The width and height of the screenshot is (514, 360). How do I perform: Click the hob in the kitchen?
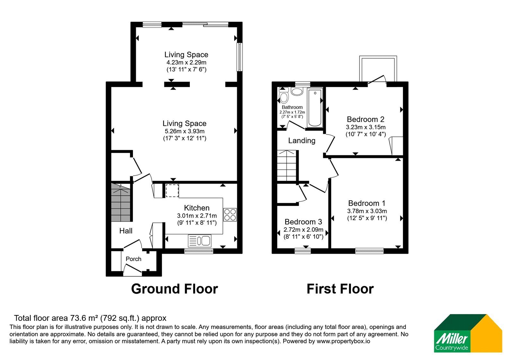click(230, 215)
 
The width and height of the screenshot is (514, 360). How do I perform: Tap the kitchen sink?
click(199, 241)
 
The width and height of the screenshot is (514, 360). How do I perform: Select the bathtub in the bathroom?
click(315, 108)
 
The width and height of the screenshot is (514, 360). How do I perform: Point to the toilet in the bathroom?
click(284, 96)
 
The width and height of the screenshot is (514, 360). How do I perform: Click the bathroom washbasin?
click(297, 92)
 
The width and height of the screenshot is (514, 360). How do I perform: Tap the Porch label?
click(133, 259)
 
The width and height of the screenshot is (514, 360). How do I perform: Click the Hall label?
click(126, 231)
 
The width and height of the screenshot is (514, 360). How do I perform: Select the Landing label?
click(302, 140)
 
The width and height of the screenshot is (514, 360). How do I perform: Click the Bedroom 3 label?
click(303, 222)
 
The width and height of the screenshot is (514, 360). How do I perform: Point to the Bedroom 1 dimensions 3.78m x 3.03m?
click(367, 211)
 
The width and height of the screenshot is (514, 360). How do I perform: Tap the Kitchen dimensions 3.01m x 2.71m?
click(197, 216)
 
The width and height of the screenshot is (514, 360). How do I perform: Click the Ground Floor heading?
click(174, 289)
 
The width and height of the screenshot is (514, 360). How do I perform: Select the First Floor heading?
click(340, 289)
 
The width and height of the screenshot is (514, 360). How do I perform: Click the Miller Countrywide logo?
click(468, 333)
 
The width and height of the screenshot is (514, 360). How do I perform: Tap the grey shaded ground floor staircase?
click(121, 202)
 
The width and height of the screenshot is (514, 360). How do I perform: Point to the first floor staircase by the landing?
click(287, 166)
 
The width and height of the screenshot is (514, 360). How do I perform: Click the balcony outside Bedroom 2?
click(378, 69)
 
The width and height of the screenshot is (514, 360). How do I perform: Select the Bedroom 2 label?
click(366, 119)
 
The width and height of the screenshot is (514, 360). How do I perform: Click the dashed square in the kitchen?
click(172, 191)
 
